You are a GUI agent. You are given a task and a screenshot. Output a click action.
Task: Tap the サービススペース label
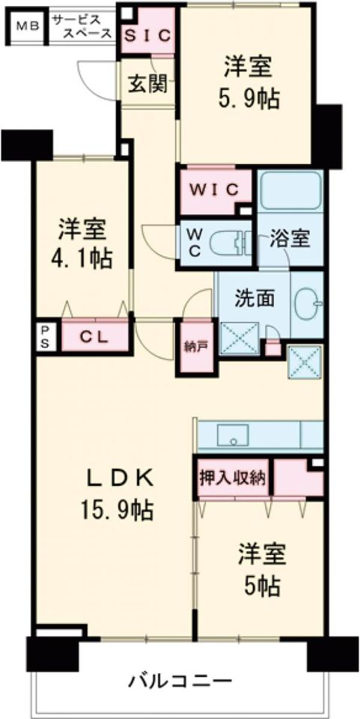tap(82, 26)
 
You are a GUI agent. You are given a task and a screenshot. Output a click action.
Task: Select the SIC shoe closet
tap(148, 35)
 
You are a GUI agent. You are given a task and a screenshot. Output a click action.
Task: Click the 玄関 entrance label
tap(147, 84)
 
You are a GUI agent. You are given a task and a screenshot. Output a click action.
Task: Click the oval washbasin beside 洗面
tap(308, 303)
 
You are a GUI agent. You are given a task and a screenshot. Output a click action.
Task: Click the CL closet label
tap(94, 337)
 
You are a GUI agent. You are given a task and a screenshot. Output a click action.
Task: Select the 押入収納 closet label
tap(233, 479)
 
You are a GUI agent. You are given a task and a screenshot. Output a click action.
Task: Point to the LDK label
tap(120, 479)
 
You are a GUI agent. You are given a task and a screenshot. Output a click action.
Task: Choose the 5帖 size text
tap(263, 585)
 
